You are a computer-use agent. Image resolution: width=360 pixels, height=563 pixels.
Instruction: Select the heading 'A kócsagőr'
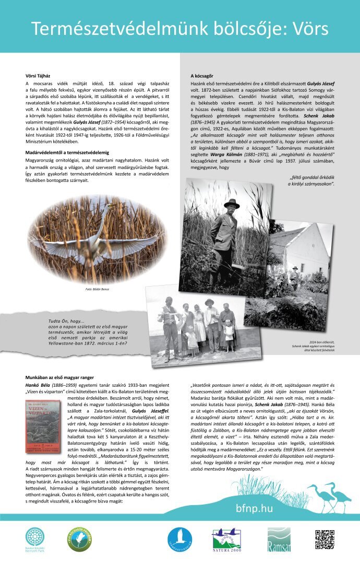(201, 76)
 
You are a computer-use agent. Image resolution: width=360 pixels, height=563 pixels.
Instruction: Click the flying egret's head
(109, 207)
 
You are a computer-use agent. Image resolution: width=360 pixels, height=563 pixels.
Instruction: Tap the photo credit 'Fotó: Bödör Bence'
(97, 289)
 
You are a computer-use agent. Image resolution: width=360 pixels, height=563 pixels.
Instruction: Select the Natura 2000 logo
(225, 541)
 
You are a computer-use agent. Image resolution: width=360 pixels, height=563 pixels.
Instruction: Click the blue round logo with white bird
(179, 540)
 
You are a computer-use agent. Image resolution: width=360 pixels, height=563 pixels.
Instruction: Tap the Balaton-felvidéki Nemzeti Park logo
(35, 538)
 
